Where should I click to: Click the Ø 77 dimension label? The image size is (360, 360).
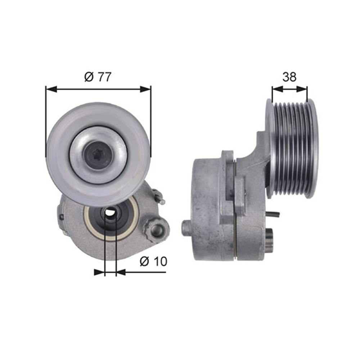pyautogui.click(x=98, y=77)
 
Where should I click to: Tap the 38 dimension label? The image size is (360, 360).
pyautogui.click(x=289, y=77)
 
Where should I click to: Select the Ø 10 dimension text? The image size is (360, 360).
pyautogui.click(x=153, y=261)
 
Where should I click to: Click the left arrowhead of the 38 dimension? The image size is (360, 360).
pyautogui.click(x=277, y=89)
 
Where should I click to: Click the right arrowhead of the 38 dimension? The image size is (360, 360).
pyautogui.click(x=301, y=89)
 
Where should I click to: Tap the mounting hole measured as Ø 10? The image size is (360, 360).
pyautogui.click(x=111, y=212)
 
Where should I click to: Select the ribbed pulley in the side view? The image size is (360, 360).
pyautogui.click(x=292, y=149)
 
